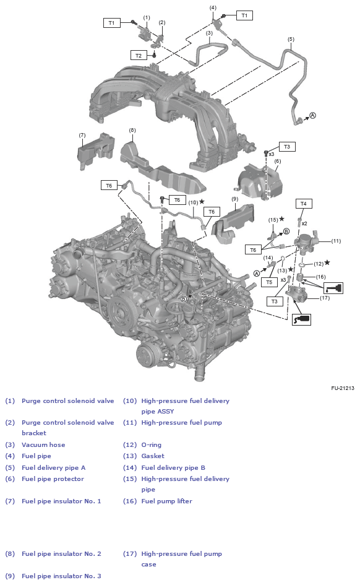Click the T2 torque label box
[x=139, y=56]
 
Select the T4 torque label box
[x=303, y=204]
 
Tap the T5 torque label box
[x=268, y=282]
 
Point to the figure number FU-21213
[x=342, y=388]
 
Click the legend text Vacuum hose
[x=43, y=444]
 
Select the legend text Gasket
[x=153, y=456]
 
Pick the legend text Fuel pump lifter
[x=166, y=501]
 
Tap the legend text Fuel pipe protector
[x=53, y=479]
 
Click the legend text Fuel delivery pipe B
[x=173, y=467]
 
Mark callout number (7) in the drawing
[x=82, y=135]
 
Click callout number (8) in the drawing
[x=132, y=130]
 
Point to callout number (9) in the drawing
[x=234, y=199]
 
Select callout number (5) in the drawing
[x=291, y=39]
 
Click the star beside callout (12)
[x=327, y=262]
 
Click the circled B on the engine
[x=183, y=299]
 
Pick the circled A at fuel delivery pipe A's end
[x=312, y=115]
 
